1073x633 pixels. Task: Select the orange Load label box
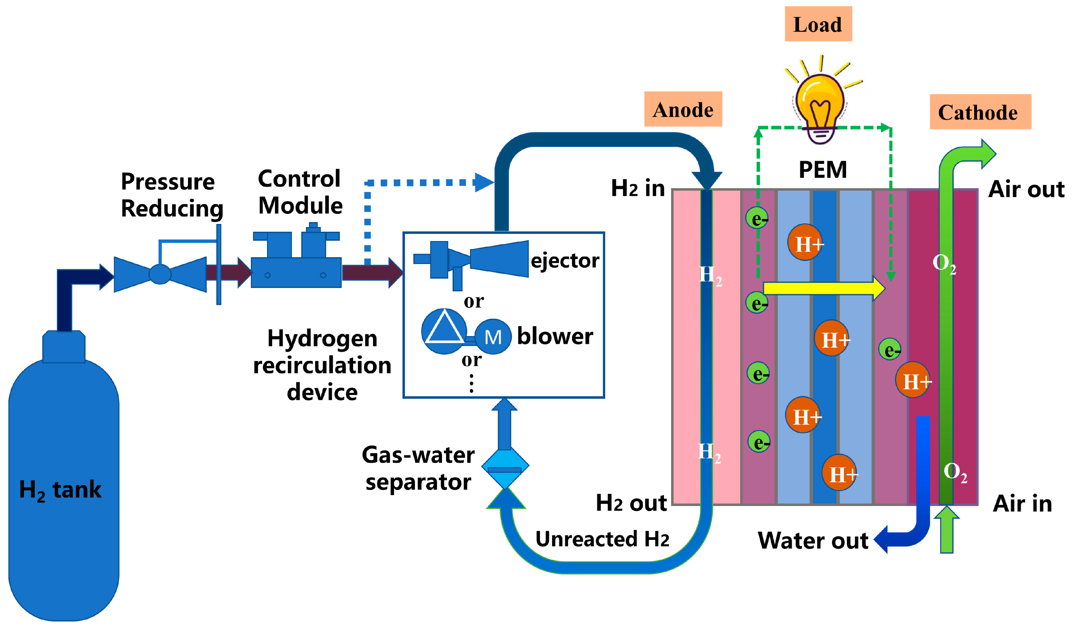tap(818, 24)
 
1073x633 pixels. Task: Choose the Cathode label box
tap(980, 112)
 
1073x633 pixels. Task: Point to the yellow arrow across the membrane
tap(824, 289)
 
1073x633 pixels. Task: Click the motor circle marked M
tap(493, 337)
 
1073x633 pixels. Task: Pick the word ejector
tap(565, 261)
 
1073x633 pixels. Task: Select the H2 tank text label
tap(60, 490)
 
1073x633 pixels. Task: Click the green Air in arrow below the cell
tap(947, 529)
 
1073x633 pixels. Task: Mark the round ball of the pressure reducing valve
tap(160, 274)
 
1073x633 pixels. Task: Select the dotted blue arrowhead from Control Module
tap(484, 183)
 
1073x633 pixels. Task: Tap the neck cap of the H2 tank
tap(64, 347)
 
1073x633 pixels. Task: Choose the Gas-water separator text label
tap(418, 469)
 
